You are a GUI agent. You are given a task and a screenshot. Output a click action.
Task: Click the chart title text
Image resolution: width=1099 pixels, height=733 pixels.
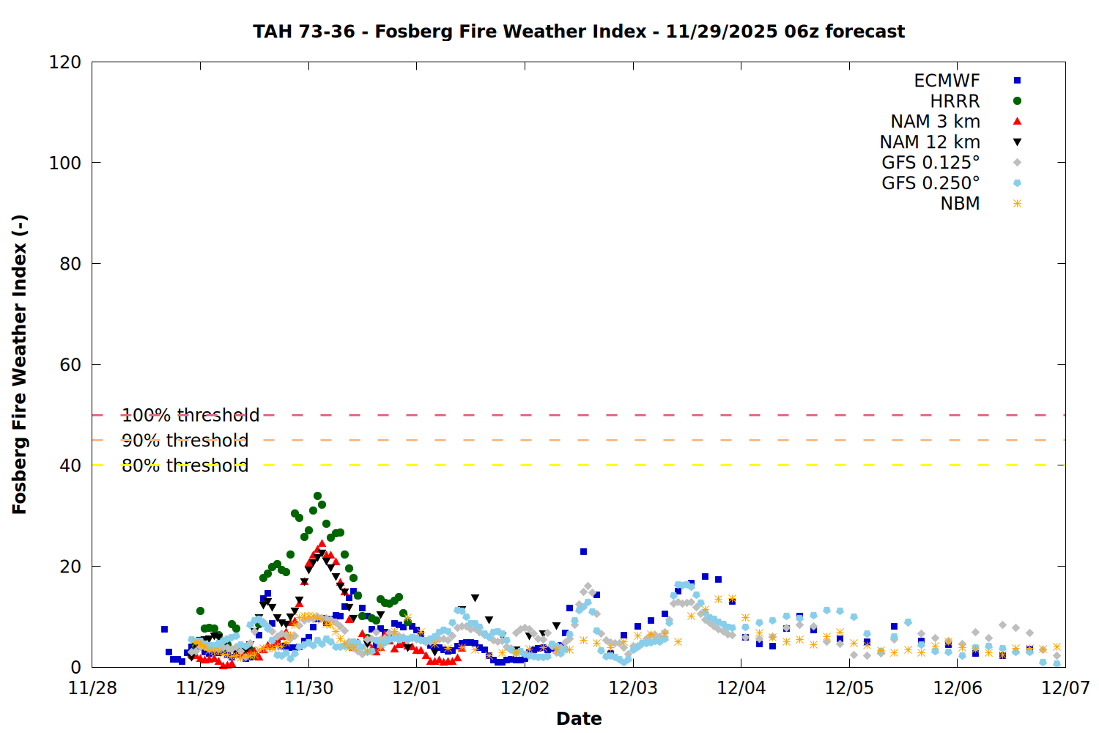579,32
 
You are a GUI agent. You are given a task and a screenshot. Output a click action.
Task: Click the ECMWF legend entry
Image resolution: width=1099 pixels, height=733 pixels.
947,81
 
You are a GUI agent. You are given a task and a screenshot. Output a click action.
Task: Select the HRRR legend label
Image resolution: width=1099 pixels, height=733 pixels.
955,101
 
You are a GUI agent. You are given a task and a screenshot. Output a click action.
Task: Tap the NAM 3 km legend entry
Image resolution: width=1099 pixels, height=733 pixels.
935,122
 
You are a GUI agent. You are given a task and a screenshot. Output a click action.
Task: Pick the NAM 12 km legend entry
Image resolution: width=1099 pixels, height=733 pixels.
930,142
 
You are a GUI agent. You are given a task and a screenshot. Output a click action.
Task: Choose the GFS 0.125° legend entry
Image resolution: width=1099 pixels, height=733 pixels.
930,163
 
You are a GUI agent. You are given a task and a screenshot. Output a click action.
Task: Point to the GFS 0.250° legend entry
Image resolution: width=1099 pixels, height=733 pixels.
930,183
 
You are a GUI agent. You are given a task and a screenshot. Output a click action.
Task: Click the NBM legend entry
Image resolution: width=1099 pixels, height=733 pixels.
960,204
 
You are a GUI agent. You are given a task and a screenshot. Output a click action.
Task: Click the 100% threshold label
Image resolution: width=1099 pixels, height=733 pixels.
190,416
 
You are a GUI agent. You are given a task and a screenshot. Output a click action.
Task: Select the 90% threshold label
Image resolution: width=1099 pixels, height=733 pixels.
185,441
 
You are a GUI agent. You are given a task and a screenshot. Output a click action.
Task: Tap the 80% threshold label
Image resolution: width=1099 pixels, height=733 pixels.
185,465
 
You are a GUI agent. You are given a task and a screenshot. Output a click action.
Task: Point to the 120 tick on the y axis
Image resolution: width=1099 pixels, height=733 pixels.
65,62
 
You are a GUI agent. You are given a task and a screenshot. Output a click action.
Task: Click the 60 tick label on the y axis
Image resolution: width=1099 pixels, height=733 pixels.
70,365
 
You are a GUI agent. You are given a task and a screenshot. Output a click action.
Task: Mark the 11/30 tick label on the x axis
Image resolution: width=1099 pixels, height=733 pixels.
308,688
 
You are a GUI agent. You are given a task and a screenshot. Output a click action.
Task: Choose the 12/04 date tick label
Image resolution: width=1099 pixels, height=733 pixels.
741,688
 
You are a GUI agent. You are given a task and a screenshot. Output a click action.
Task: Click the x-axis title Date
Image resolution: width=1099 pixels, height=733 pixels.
579,718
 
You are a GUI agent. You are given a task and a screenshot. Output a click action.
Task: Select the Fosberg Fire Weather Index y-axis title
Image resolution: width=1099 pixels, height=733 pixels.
20,364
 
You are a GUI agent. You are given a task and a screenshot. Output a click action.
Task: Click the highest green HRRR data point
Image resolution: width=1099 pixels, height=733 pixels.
317,496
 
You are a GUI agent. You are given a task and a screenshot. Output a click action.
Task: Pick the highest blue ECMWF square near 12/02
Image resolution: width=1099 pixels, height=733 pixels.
583,552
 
